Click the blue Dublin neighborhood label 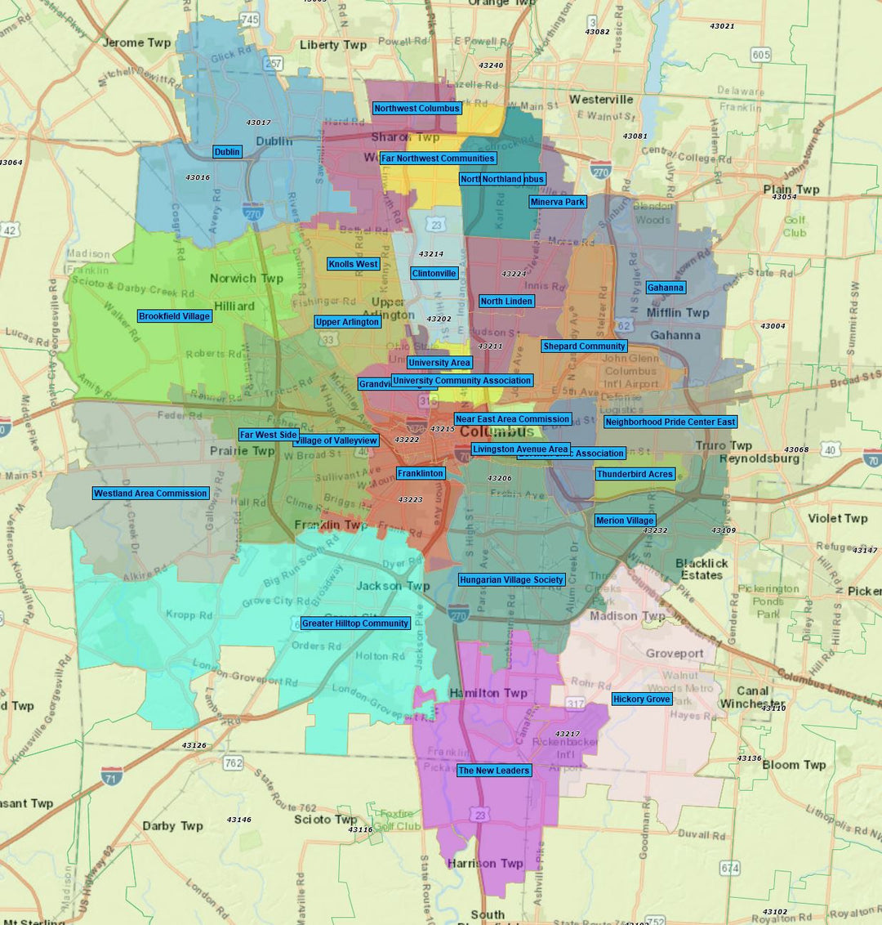(227, 152)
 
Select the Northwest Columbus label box (417, 108)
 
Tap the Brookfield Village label (175, 316)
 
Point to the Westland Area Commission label (150, 494)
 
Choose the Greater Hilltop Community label (355, 623)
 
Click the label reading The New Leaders (494, 771)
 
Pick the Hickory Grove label (642, 699)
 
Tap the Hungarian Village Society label (511, 580)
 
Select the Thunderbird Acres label (635, 475)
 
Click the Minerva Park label (558, 202)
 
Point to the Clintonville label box (434, 274)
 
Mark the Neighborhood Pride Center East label (670, 422)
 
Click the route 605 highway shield (760, 55)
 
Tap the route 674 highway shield (730, 869)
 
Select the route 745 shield (250, 19)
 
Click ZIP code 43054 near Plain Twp (784, 197)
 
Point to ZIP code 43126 (194, 745)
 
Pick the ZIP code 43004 (773, 326)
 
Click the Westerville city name (601, 100)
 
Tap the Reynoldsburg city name (759, 458)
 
